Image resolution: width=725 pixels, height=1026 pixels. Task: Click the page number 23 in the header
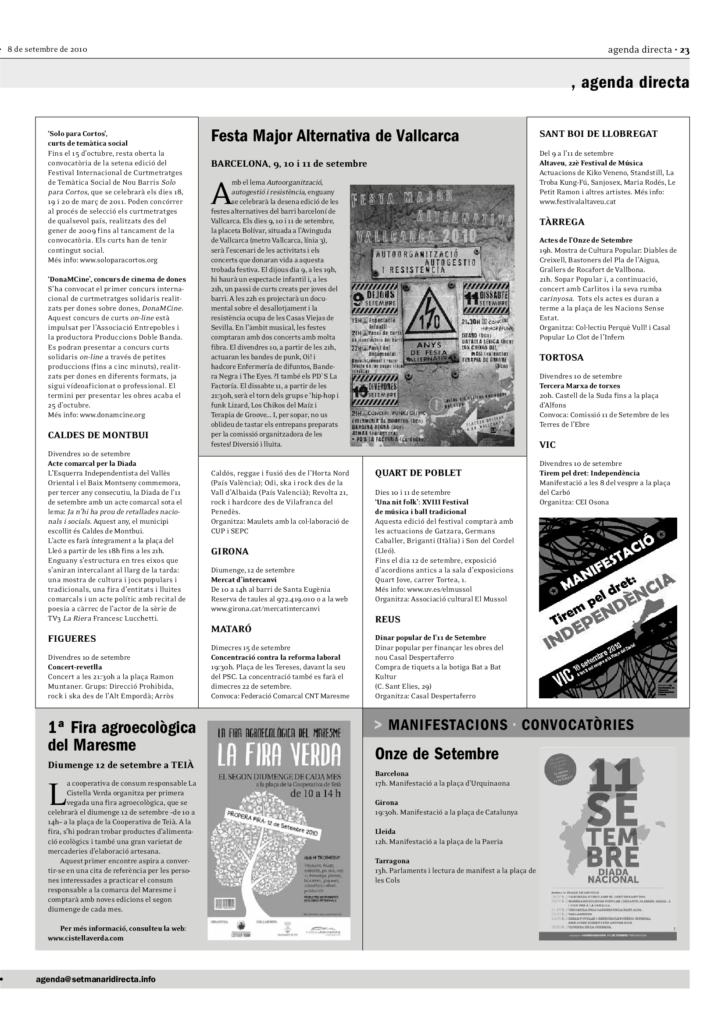[x=684, y=50]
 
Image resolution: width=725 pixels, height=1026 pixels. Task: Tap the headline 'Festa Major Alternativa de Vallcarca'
[x=335, y=136]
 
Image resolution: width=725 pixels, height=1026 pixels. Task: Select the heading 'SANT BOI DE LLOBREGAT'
[x=598, y=134]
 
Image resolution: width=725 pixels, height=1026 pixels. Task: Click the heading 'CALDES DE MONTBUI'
[x=98, y=435]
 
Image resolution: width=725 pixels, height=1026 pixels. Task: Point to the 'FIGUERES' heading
[x=72, y=639]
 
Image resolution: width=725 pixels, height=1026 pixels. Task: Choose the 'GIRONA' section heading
[x=230, y=551]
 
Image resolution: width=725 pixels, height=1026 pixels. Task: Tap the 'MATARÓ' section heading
[x=231, y=629]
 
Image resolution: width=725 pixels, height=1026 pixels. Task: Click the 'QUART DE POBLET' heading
[x=418, y=473]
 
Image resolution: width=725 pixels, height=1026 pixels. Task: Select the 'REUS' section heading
[x=387, y=619]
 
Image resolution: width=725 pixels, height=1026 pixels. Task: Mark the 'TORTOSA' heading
[x=561, y=357]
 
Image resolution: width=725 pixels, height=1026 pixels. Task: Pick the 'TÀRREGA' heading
[x=561, y=222]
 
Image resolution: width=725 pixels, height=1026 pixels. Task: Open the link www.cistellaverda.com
[x=86, y=938]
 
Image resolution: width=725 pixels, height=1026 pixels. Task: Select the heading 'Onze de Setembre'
[x=436, y=754]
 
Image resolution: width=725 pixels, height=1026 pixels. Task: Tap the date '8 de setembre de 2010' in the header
[x=47, y=50]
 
